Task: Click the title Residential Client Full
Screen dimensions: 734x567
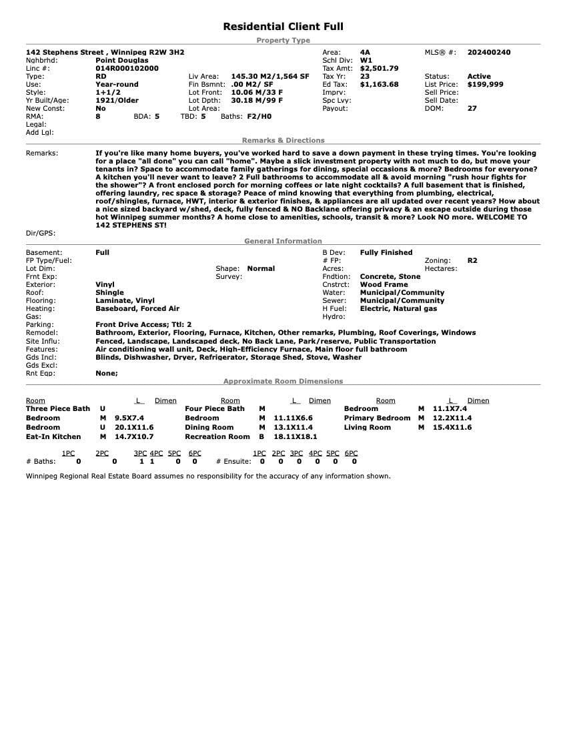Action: tap(283, 27)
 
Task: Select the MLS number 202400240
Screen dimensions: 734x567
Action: tap(489, 52)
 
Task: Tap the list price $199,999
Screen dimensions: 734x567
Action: tap(485, 85)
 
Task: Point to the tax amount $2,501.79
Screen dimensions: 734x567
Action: tap(379, 68)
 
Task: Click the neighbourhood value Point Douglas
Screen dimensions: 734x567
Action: tap(122, 60)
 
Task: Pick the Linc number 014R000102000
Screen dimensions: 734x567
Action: tap(127, 68)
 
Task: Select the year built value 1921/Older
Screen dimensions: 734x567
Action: tap(117, 100)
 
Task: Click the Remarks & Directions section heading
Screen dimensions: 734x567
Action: tap(283, 140)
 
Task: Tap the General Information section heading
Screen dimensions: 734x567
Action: tap(283, 241)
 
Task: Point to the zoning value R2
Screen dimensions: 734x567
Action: tap(472, 260)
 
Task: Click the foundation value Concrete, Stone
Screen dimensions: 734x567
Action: tap(390, 276)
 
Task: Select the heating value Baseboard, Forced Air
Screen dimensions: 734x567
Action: tap(137, 308)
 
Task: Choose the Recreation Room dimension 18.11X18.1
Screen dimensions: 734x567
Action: tap(296, 436)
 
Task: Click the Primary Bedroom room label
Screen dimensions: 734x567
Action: tap(377, 418)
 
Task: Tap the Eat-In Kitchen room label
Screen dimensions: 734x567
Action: tap(53, 436)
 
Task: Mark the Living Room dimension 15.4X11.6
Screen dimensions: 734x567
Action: tap(452, 427)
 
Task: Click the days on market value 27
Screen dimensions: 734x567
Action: tap(472, 108)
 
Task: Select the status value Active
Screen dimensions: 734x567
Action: tap(478, 77)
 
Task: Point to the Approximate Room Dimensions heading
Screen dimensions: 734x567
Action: tap(283, 381)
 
